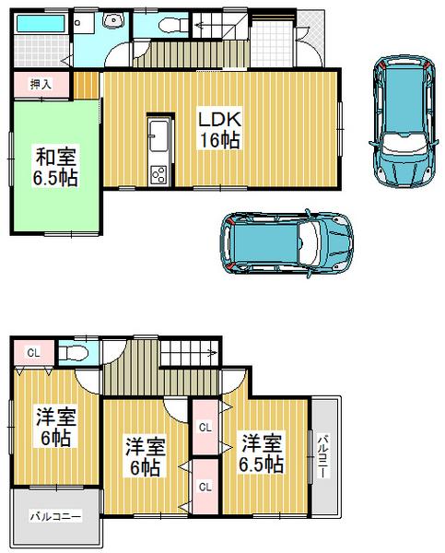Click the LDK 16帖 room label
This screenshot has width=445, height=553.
(x=217, y=128)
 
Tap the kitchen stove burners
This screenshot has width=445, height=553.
(x=158, y=172)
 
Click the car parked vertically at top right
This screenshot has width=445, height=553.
(x=402, y=120)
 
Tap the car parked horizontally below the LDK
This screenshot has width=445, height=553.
(x=287, y=241)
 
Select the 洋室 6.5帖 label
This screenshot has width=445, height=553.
(x=262, y=451)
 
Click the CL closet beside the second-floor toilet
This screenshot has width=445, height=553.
(x=32, y=353)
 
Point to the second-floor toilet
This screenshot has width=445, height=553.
(x=76, y=353)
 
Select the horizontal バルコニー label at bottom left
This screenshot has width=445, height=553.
(x=54, y=516)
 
